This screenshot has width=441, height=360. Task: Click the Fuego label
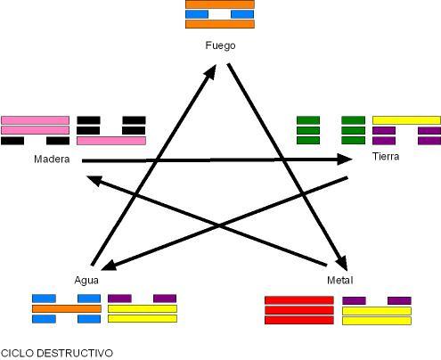point(220,46)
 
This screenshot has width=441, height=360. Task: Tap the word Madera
point(52,160)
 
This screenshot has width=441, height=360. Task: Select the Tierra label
point(386,157)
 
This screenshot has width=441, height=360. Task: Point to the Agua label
point(86,281)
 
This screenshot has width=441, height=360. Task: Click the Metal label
point(340,280)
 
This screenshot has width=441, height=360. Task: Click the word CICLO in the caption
point(18,353)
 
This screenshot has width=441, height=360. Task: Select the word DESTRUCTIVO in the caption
point(75,353)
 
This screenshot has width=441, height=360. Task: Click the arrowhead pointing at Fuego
point(211,71)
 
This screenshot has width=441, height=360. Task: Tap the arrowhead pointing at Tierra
point(345,160)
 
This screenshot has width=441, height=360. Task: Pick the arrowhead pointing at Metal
point(342,263)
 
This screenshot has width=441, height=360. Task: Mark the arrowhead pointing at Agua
point(109,266)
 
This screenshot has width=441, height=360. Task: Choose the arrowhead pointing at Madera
point(94,180)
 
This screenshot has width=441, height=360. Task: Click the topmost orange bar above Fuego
point(220,4)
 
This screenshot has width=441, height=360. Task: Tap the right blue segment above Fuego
point(242,14)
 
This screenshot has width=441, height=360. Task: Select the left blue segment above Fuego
point(197,14)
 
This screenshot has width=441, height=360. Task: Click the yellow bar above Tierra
point(406,120)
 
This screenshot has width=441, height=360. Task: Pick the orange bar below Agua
point(67,308)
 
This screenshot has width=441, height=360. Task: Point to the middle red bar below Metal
point(299,310)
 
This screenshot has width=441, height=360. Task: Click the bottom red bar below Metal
point(299,320)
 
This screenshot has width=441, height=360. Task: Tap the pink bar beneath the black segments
point(111,141)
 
